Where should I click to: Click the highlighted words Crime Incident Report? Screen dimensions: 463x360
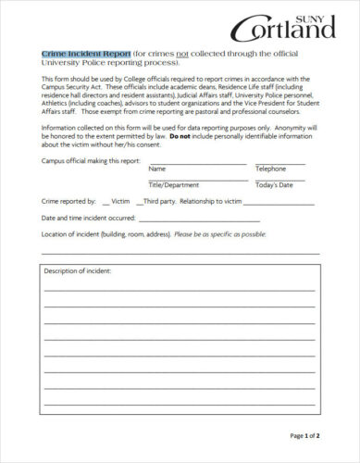pyautogui.click(x=86, y=55)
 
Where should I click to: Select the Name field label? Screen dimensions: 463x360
pyautogui.click(x=157, y=169)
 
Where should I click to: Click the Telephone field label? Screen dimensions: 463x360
pyautogui.click(x=271, y=169)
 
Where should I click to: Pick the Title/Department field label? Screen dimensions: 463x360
pyautogui.click(x=174, y=185)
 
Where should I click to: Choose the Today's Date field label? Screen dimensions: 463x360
pyautogui.click(x=274, y=185)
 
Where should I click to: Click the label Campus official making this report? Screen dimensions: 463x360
pyautogui.click(x=91, y=160)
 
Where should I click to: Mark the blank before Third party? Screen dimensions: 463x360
pyautogui.click(x=140, y=200)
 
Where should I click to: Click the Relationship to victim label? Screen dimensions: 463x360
pyautogui.click(x=210, y=200)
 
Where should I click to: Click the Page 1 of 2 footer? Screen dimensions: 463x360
pyautogui.click(x=304, y=434)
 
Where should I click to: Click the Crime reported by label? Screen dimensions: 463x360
pyautogui.click(x=68, y=200)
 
